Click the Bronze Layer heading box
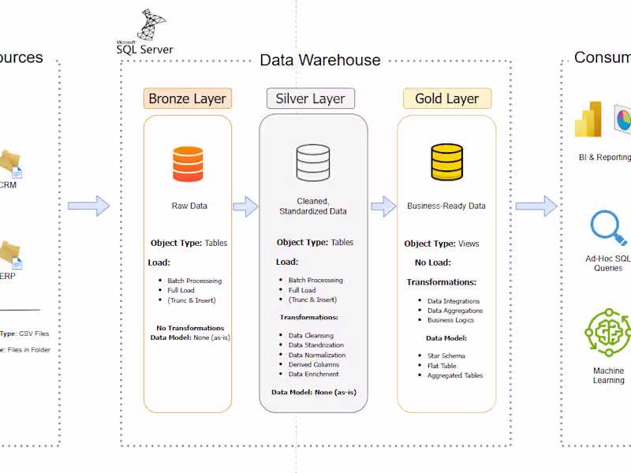pos(188,99)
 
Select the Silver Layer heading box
pos(310,99)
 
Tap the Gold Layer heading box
pos(447,99)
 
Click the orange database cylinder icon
pos(188,163)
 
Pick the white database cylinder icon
pos(312,163)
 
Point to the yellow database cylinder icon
pos(446,163)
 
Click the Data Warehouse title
pos(320,60)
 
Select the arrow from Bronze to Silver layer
pos(245,207)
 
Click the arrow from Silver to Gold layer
pos(383,207)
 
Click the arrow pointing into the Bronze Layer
pos(88,207)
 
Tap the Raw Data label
pos(189,206)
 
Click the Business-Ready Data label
pos(446,206)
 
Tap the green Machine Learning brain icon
pos(608,333)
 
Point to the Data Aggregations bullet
pos(455,311)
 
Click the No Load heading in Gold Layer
pos(434,263)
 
